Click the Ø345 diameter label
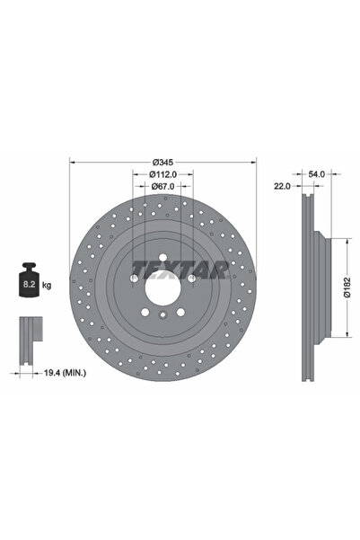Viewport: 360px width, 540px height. click(162, 162)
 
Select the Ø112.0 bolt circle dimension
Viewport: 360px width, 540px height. click(162, 174)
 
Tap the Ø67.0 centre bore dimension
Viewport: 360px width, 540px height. click(162, 186)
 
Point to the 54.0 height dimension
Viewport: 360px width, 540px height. click(316, 174)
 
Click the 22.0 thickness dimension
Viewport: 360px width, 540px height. click(282, 186)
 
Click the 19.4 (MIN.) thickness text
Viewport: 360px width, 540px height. click(65, 372)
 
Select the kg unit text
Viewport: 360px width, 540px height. click(47, 285)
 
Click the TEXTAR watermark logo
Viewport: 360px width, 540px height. click(181, 270)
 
